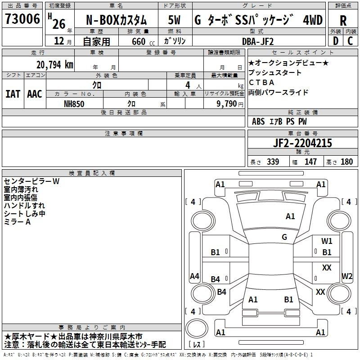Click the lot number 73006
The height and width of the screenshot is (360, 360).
tap(22, 18)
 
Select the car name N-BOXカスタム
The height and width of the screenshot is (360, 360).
tap(116, 20)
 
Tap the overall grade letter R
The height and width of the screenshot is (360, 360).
tap(343, 21)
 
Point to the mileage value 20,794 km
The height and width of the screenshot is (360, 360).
tap(55, 65)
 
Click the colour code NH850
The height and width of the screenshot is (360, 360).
tap(74, 104)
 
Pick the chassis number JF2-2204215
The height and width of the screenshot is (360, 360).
tap(302, 143)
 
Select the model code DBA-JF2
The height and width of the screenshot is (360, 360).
tap(258, 41)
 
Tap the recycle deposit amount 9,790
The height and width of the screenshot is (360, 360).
tap(227, 103)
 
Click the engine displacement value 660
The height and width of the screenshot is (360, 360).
tap(139, 41)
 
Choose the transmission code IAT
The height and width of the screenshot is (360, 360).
tap(13, 94)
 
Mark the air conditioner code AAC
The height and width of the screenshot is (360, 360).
tap(35, 94)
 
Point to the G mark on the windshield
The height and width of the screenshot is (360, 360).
tap(284, 237)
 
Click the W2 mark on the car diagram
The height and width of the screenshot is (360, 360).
tap(347, 276)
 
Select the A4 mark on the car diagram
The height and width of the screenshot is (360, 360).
tap(194, 276)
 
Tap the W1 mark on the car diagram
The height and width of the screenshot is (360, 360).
tap(327, 241)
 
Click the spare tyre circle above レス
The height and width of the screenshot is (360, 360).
tap(197, 328)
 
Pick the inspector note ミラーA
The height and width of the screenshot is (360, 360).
tap(17, 222)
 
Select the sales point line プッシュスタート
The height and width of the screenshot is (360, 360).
tap(275, 72)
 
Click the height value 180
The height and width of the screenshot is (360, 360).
tap(346, 162)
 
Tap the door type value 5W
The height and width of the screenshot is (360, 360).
tap(174, 20)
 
